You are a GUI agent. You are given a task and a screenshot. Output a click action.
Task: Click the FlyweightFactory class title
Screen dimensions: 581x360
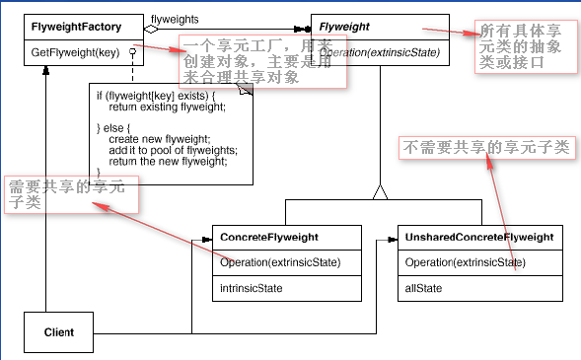tap(76, 27)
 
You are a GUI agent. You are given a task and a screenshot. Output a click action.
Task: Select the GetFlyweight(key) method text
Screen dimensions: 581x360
tap(75, 52)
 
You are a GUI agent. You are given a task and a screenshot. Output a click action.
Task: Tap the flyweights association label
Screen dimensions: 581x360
tap(175, 20)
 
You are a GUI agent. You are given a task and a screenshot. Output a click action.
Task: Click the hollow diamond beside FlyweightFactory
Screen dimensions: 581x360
tap(151, 29)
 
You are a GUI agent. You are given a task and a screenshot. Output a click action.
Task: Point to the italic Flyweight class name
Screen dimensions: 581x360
tap(344, 27)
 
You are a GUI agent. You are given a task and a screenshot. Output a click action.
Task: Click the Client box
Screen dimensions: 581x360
tap(58, 332)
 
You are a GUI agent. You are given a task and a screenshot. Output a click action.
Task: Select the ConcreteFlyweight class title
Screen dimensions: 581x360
tap(269, 237)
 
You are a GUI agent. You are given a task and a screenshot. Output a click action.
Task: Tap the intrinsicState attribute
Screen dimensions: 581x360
tap(252, 288)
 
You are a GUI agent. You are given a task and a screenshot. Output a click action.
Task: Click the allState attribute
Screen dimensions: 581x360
tap(423, 288)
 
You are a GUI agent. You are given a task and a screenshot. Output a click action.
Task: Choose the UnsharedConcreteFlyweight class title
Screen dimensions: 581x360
tap(479, 237)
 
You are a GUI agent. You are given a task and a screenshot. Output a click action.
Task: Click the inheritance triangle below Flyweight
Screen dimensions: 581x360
tap(380, 192)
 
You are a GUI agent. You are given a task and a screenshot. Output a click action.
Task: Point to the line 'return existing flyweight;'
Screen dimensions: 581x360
tap(167, 108)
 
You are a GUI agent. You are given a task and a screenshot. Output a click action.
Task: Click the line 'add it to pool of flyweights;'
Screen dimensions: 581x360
tap(173, 150)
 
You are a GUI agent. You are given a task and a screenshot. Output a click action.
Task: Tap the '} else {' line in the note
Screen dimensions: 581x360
tap(113, 128)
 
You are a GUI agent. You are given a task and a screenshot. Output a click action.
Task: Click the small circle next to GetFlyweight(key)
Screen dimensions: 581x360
tap(132, 52)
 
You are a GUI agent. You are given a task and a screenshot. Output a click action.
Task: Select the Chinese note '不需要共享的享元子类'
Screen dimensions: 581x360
tap(486, 147)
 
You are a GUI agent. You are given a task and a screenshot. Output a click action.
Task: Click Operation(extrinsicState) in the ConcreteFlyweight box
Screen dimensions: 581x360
tap(280, 262)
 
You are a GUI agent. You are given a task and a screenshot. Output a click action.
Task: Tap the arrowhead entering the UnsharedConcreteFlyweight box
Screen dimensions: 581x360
tap(393, 240)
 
